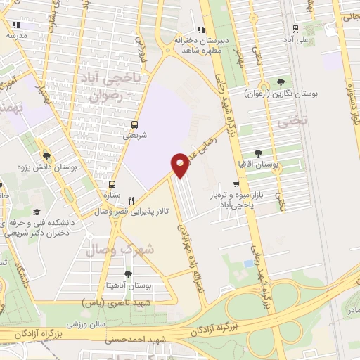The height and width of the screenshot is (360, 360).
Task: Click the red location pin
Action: point(180,165)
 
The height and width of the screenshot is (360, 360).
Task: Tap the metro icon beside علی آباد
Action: point(295,30)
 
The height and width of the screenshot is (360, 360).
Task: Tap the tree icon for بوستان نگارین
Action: point(282,82)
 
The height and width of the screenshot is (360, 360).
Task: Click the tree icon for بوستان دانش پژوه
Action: point(46,156)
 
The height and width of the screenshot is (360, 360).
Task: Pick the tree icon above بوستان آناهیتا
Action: point(127,274)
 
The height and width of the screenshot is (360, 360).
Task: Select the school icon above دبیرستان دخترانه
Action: point(202,30)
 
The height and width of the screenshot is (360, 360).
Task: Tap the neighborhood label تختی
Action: point(292,121)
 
